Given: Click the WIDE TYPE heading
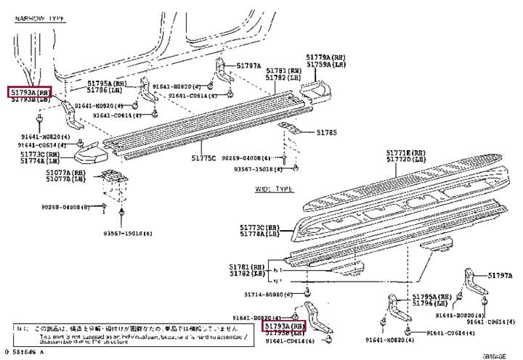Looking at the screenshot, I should [x=273, y=189].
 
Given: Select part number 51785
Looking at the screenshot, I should [x=327, y=132].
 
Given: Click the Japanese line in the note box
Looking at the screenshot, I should [x=131, y=329].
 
